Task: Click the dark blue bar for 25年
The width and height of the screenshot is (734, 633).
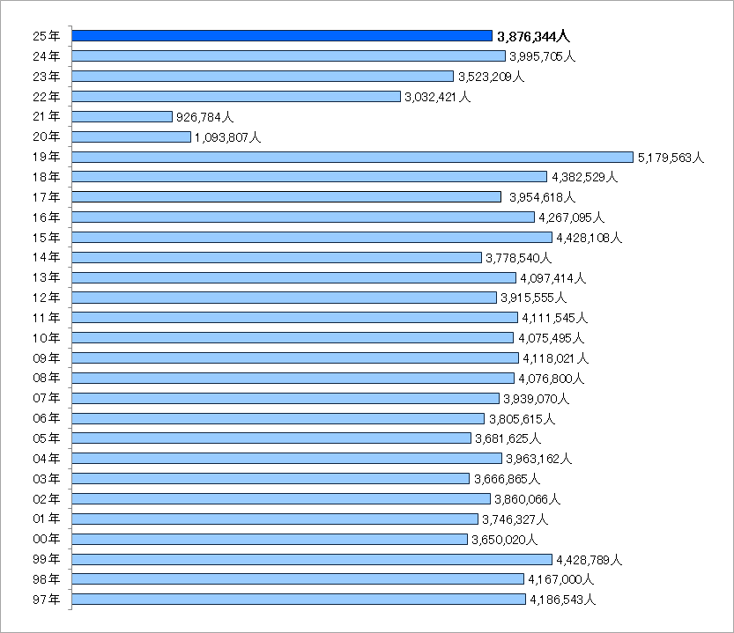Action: [282, 36]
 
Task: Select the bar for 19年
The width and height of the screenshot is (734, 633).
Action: [352, 157]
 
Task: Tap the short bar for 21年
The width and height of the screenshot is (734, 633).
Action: [122, 116]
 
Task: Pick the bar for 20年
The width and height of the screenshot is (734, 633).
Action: [131, 136]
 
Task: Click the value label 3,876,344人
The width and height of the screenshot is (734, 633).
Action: [534, 37]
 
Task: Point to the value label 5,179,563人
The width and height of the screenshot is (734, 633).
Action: [671, 158]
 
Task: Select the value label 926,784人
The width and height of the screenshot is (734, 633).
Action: [204, 117]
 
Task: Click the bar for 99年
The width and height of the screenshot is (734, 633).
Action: [312, 559]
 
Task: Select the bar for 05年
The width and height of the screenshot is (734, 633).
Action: [271, 438]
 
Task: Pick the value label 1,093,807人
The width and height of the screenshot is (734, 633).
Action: [227, 137]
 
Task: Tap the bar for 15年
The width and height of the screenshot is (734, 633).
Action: [312, 237]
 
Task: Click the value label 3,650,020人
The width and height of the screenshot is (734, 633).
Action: [504, 540]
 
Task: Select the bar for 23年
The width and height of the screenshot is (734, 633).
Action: [263, 77]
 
